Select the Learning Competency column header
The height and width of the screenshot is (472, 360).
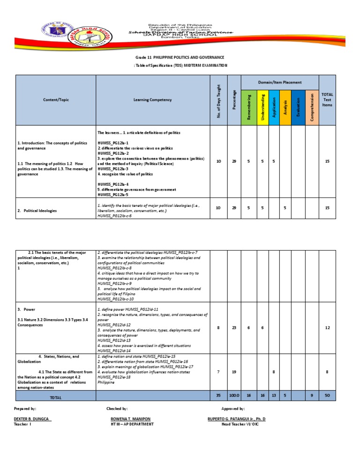point(152,100)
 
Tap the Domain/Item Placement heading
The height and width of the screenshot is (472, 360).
point(280,82)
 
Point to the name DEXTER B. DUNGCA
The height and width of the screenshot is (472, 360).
point(32,418)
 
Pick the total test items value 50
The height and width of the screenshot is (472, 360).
point(327,396)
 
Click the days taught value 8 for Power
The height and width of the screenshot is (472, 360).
point(218,327)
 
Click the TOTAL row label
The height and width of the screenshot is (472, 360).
point(55,397)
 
